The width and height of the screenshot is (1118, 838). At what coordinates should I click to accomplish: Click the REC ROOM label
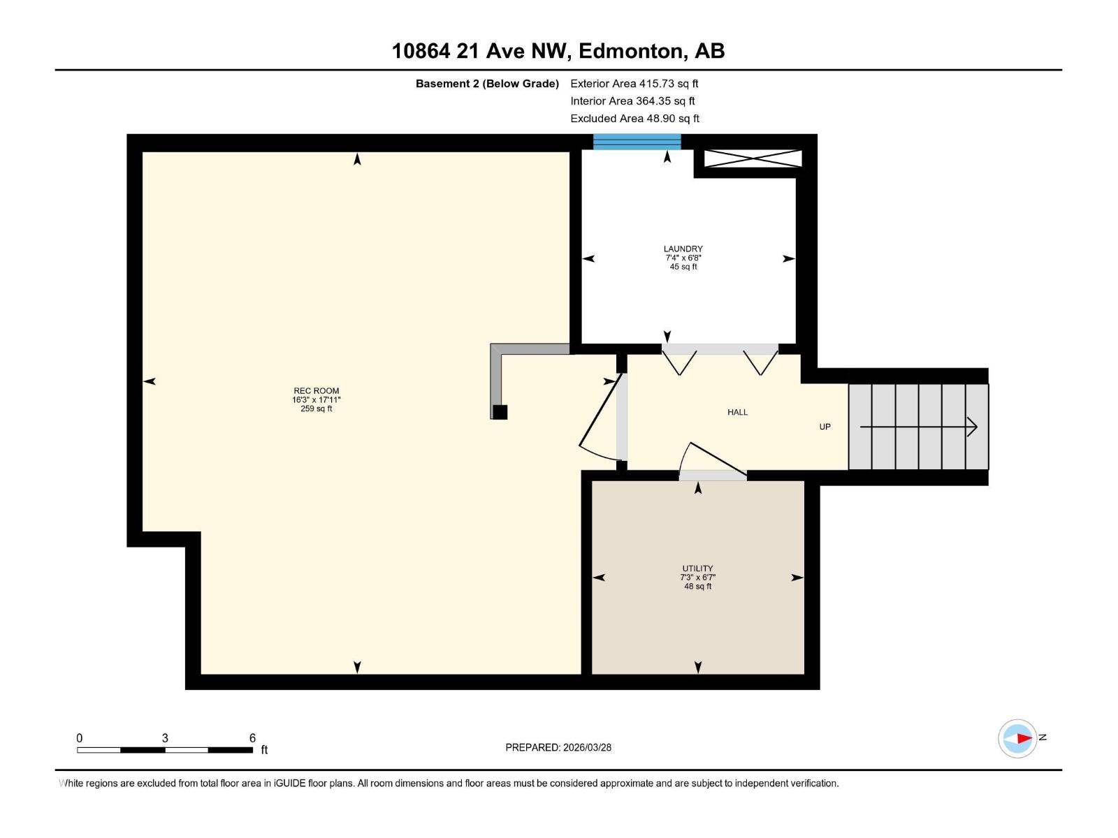[316, 391]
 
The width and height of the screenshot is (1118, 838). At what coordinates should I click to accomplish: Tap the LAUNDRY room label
[683, 249]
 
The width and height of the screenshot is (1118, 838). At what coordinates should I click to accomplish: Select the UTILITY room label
[697, 568]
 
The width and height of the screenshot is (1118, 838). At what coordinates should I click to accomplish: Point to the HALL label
[737, 412]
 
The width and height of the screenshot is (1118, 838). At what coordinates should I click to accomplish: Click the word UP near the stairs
[825, 427]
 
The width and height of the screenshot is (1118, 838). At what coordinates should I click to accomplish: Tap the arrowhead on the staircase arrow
[972, 427]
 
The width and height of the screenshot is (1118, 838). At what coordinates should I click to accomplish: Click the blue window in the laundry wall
[637, 142]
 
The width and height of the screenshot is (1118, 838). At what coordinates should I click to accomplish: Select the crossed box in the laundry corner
[753, 159]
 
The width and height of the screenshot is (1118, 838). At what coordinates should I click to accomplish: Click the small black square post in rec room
[500, 412]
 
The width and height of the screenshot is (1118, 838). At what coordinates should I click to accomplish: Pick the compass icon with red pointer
[1017, 738]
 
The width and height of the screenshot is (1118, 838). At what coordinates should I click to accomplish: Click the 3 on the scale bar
[165, 738]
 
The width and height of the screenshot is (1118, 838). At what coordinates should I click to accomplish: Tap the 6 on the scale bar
[252, 738]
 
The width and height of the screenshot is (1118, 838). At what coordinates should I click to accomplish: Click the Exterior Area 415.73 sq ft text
[634, 84]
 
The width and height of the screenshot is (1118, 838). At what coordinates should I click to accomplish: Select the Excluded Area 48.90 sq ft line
[634, 119]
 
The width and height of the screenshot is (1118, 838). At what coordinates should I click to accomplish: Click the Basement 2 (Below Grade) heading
[487, 84]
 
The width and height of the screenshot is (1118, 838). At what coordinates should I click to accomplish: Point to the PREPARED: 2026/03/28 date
[558, 747]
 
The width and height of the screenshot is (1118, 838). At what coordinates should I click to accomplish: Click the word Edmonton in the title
[631, 51]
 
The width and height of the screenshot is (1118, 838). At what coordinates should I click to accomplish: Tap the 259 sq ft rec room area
[316, 409]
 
